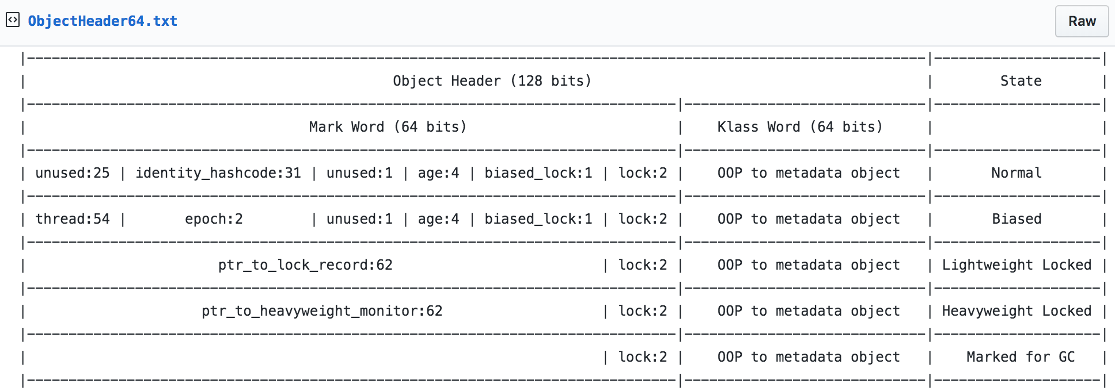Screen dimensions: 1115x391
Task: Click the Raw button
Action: tap(1082, 21)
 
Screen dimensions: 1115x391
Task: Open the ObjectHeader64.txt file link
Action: tap(103, 21)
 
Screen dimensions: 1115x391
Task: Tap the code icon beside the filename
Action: tap(13, 21)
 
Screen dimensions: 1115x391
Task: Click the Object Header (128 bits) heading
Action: tap(492, 81)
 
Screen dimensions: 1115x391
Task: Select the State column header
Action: tap(1021, 81)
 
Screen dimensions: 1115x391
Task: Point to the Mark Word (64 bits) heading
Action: tap(388, 127)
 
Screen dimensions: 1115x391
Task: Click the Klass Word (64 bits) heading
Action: tap(800, 127)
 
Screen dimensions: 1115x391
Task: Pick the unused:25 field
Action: tap(73, 173)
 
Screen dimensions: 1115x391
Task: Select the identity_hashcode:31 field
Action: tap(218, 173)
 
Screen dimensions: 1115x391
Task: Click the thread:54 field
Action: tap(73, 219)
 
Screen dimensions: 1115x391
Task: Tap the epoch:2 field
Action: tap(214, 219)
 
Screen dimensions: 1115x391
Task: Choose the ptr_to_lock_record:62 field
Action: tap(305, 265)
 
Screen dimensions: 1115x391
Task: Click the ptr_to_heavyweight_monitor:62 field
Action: tap(322, 311)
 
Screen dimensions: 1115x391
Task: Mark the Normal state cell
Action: tap(1017, 173)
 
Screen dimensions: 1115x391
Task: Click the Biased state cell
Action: tap(1017, 219)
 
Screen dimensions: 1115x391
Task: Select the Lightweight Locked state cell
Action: tap(1017, 265)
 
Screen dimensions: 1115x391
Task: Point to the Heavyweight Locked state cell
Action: tap(1017, 311)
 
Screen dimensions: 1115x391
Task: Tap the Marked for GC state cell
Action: tap(1021, 357)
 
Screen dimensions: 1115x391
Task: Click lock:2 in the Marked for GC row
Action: tap(643, 357)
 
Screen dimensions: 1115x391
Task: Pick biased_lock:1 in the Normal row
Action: tap(538, 173)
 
